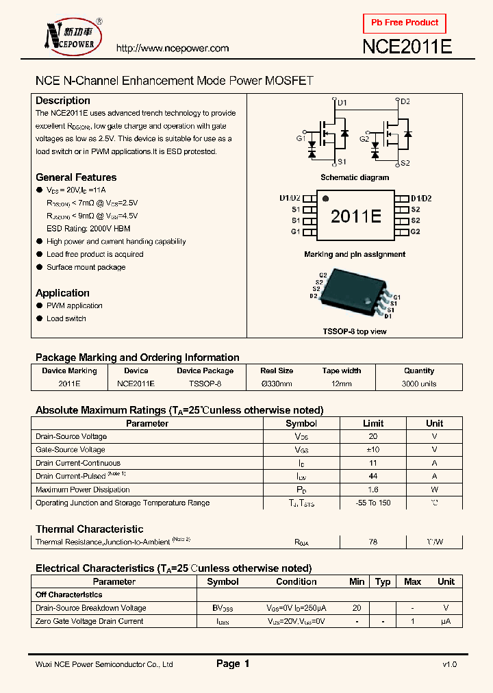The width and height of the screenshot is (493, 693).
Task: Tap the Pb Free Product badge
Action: pos(404,23)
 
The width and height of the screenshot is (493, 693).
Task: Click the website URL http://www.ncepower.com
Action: pos(172,49)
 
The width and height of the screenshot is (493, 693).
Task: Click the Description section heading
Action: pos(63,101)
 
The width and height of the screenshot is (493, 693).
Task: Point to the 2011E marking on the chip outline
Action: pos(355,216)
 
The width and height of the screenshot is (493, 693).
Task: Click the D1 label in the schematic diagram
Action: pos(342,103)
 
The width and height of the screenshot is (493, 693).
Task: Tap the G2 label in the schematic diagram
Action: pos(364,139)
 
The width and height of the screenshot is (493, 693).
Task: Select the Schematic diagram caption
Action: pos(355,177)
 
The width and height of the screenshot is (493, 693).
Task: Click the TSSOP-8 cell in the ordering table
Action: pos(205,384)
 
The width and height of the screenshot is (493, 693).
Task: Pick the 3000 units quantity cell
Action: pos(419,384)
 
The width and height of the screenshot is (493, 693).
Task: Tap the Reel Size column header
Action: pos(277,371)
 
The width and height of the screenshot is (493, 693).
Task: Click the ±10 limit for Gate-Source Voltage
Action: pos(373,450)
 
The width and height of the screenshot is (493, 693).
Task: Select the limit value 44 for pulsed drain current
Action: pos(373,477)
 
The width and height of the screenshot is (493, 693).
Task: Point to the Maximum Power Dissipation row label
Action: pos(83,490)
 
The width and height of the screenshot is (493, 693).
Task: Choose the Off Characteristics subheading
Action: pos(69,595)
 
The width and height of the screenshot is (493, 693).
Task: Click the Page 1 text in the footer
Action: pos(233,664)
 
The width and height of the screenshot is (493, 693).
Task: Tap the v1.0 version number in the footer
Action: pos(449,664)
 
